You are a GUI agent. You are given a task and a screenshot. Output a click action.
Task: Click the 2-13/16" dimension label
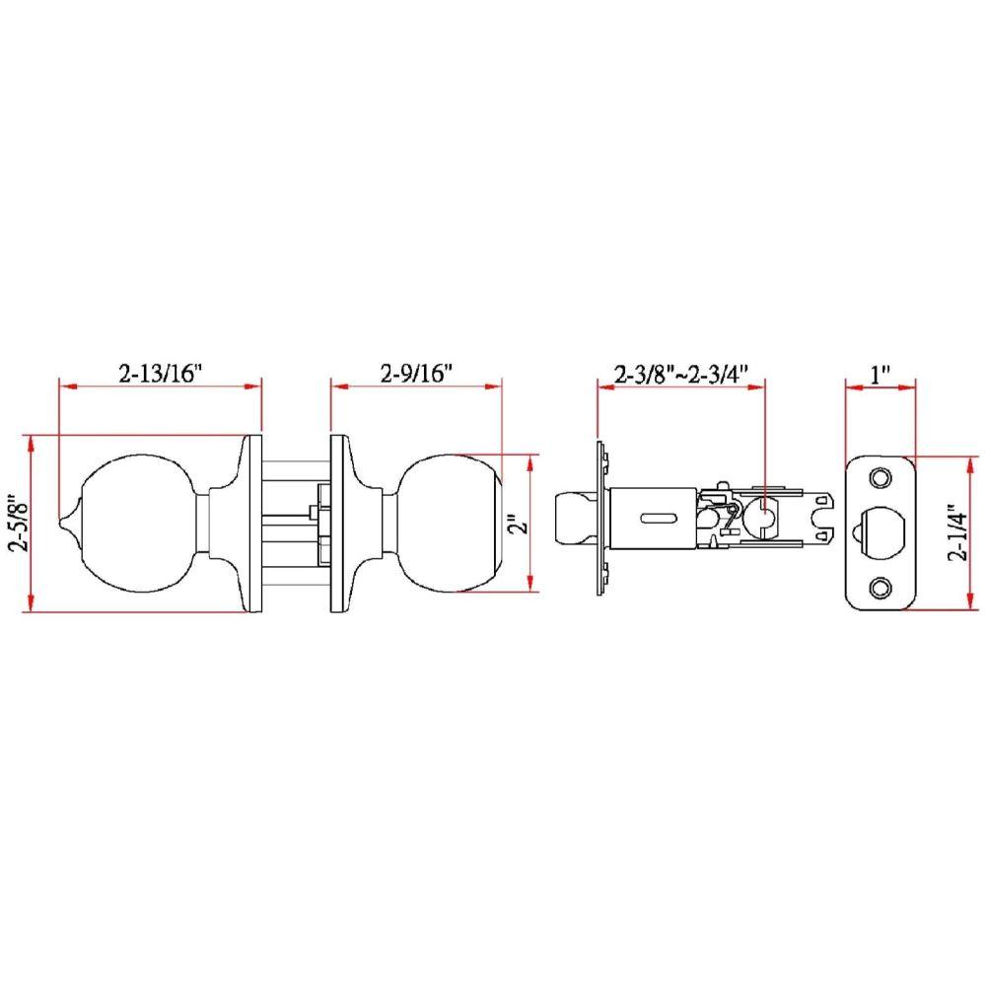click(x=160, y=374)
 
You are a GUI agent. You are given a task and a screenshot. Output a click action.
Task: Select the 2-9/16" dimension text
click(x=415, y=374)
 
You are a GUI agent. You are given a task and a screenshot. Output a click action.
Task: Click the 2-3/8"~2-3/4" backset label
click(x=681, y=374)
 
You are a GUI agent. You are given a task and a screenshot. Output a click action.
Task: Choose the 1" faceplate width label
click(x=880, y=374)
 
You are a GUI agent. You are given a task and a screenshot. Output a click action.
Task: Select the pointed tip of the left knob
click(x=65, y=520)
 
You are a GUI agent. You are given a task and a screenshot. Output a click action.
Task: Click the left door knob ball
click(x=138, y=523)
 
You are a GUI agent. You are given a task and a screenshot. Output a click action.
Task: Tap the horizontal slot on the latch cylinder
click(x=653, y=518)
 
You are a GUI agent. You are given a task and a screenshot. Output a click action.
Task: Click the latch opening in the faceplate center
click(x=880, y=532)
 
